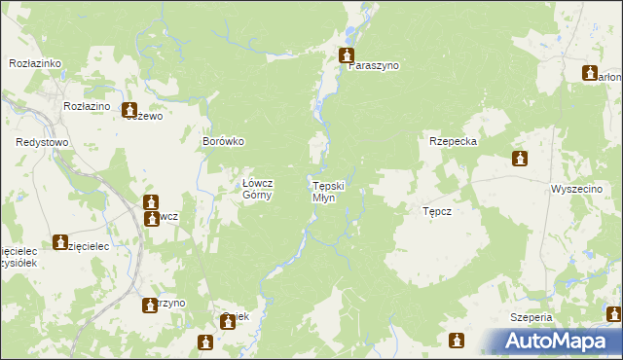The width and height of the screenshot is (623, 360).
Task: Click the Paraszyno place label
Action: (374, 65)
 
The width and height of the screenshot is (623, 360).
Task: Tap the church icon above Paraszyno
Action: (346, 55)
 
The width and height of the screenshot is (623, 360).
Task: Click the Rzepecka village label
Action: (453, 141)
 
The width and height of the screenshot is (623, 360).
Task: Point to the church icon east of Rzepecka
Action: (520, 159)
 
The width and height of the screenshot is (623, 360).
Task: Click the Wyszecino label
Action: (576, 188)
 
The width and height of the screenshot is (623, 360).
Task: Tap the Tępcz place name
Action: (437, 210)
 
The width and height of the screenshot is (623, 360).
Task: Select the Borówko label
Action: (222, 141)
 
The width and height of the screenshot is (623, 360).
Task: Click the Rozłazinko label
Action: (35, 62)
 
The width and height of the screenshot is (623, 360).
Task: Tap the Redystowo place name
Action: (41, 142)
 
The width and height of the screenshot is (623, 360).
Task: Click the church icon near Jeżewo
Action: (129, 111)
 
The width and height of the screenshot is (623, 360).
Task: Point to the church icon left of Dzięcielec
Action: (60, 241)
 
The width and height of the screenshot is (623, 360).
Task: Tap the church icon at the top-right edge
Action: (590, 73)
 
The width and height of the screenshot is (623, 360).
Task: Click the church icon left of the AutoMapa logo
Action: (457, 340)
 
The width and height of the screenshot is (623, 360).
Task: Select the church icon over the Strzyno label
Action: (150, 303)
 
